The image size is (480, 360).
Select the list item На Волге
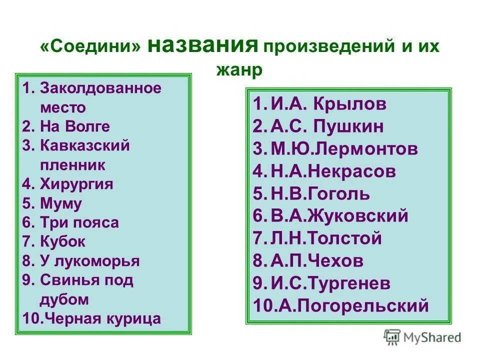coord(74,126)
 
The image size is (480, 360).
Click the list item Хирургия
coord(76,184)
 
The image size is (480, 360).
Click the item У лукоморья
coord(89,261)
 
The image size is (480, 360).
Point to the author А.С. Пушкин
coord(328,126)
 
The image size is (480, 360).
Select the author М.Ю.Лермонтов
coord(344,149)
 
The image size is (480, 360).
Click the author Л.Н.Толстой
coord(326,238)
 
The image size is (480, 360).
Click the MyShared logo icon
coord(392,337)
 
